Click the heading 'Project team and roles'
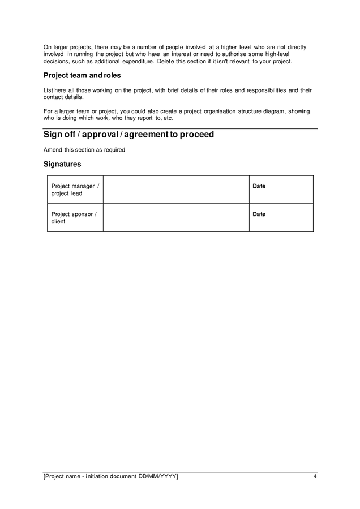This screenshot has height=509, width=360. click(82, 75)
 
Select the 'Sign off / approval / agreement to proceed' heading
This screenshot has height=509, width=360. click(128, 135)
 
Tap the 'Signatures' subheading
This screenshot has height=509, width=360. click(62, 164)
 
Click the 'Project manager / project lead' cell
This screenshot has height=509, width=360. click(75, 189)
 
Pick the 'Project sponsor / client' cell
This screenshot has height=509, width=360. click(75, 218)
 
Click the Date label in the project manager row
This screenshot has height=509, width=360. click(259, 186)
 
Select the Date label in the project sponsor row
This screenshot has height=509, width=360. click(259, 214)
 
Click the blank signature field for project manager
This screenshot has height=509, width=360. click(175, 189)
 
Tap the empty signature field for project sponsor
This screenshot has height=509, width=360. click(175, 218)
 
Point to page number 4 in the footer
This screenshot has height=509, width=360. click(315, 477)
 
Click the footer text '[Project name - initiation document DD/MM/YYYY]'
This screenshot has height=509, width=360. click(111, 477)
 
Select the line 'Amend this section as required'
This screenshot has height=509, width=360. click(84, 150)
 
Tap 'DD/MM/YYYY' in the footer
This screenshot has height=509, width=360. click(157, 477)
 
